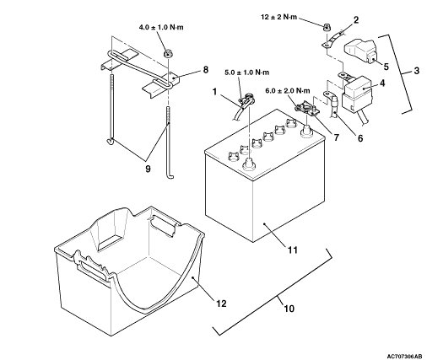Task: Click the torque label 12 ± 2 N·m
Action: tap(278, 17)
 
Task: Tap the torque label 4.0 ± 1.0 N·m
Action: tap(161, 27)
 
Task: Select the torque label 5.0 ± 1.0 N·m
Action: tap(246, 73)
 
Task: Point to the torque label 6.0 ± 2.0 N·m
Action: tap(288, 91)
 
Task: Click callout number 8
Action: tap(206, 70)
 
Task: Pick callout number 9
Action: tap(148, 169)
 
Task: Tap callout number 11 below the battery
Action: tap(293, 250)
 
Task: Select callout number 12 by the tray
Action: tap(221, 304)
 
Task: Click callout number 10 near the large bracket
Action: tap(289, 309)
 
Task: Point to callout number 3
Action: tap(417, 71)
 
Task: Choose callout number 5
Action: tap(386, 67)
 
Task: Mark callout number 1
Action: tap(215, 92)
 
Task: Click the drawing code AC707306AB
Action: tap(404, 357)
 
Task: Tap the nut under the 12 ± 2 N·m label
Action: tap(327, 28)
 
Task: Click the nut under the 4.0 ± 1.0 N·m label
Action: tap(168, 52)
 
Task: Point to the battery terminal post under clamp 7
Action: tap(305, 131)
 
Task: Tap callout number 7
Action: tap(336, 137)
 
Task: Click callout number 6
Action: tap(360, 138)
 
